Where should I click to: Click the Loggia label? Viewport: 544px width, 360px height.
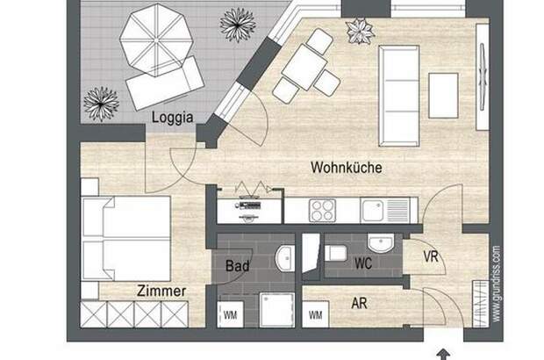coord(173,118)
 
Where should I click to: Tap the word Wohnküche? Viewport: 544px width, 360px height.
coord(347,168)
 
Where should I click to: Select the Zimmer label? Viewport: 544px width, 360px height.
coord(161,291)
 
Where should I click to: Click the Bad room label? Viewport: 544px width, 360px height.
coord(237,266)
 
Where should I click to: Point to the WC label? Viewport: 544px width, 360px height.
coord(363,263)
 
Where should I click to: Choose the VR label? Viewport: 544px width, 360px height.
coord(431,256)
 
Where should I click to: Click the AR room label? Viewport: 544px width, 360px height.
coord(359,304)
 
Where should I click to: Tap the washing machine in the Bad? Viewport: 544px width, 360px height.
coord(230,314)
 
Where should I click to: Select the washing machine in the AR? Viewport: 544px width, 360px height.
coord(315,314)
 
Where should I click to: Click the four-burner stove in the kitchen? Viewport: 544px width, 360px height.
coord(322,211)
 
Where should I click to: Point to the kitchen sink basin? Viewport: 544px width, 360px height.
coord(372,211)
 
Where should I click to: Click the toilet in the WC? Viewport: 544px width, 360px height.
coord(335,253)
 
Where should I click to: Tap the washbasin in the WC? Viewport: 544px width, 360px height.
coord(381,242)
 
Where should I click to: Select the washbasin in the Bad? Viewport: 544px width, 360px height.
coord(285,259)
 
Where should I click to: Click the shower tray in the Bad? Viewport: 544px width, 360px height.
coord(277,310)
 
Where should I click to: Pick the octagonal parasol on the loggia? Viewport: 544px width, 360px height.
coord(156,40)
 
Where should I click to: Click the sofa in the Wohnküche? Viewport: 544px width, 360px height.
coord(399,96)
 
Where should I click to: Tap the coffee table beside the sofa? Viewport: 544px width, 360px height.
coord(443,96)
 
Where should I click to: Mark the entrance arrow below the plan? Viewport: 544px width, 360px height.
coord(443,355)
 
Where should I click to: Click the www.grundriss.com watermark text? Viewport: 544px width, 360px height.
coord(497,284)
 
